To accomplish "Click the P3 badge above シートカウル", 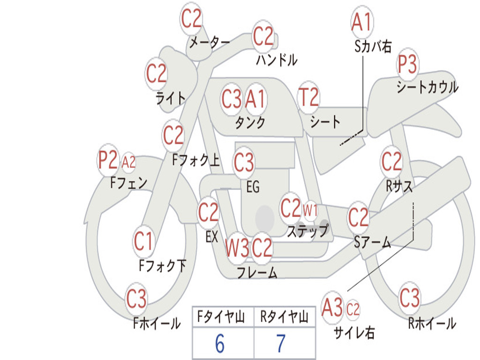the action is [x=408, y=65].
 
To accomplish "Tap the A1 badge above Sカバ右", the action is [x=361, y=22].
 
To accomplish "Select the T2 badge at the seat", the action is [x=308, y=97].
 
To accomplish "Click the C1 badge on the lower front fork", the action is [x=143, y=241].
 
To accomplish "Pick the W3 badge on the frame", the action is [x=237, y=248].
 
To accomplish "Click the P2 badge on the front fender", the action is [x=107, y=161].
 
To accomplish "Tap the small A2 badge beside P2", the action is [x=128, y=162].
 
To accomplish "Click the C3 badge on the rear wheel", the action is [x=410, y=298].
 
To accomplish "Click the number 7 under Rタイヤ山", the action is [x=281, y=344].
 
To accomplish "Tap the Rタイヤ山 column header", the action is [x=284, y=317].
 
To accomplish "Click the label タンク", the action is [x=250, y=123].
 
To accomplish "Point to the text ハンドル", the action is [x=277, y=60].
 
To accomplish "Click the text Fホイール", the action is [x=157, y=323].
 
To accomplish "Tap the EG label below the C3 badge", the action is [x=253, y=187].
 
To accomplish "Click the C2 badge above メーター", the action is [x=191, y=19].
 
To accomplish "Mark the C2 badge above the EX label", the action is [x=209, y=213].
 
